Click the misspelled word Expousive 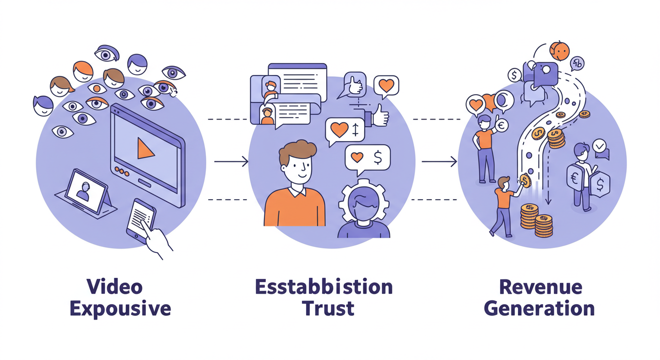point(120,309)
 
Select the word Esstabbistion point(324,286)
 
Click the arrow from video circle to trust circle point(231,162)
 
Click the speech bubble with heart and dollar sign point(367,158)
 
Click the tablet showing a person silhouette point(85,191)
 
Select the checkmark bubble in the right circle point(600,146)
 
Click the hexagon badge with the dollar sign point(600,185)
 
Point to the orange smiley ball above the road point(559,51)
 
